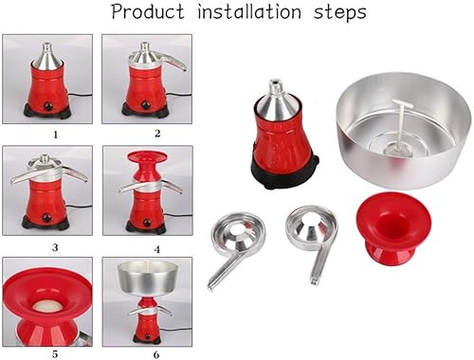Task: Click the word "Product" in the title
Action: [148, 12]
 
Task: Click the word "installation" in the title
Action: [249, 11]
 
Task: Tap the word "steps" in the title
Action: [339, 12]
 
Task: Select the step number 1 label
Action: [56, 135]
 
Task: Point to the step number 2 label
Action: [157, 134]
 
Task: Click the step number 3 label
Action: [55, 247]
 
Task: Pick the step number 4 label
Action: [157, 250]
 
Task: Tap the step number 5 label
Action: [55, 354]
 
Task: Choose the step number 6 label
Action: [156, 355]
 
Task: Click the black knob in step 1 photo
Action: [48, 106]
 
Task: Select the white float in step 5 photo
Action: [46, 305]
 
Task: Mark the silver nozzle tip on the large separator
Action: [275, 83]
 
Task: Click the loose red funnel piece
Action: [393, 228]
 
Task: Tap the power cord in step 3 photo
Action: [79, 207]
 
